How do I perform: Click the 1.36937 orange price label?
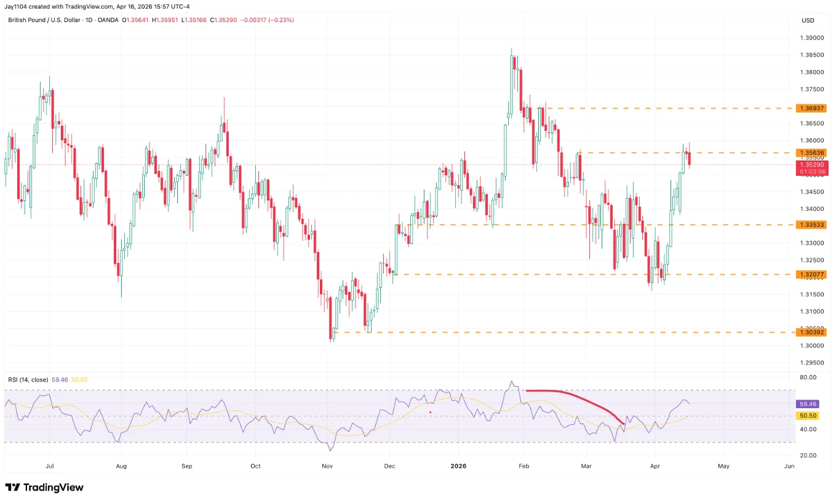tap(811, 108)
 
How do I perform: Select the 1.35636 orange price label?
tap(811, 152)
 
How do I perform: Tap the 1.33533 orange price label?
tap(811, 225)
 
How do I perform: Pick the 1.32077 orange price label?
tap(811, 274)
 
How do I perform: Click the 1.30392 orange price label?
tap(811, 332)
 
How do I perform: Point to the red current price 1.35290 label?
tap(811, 165)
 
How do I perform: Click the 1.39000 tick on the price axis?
tap(811, 37)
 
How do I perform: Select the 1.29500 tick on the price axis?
tap(811, 363)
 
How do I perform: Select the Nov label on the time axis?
tap(327, 466)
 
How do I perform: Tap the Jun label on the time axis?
tap(789, 466)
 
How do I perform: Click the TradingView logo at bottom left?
tap(44, 487)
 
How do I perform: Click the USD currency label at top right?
tap(808, 20)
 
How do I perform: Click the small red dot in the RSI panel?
tap(431, 412)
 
